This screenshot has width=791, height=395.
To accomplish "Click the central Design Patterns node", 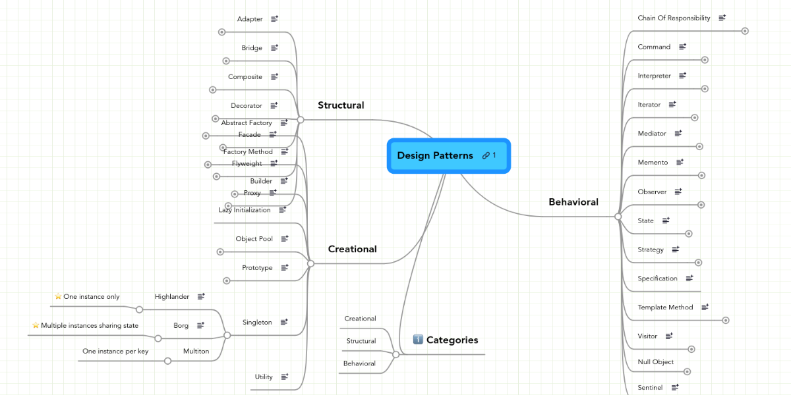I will (435, 156).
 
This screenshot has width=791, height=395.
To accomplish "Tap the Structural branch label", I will (341, 105).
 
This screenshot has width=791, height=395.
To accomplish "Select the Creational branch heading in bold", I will (353, 250).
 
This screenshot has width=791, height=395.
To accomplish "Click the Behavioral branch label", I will (573, 202).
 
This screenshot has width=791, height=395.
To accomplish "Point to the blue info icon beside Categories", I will (418, 340).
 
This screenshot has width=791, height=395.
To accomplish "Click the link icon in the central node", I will (486, 155).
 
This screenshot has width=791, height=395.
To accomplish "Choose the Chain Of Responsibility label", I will (674, 18).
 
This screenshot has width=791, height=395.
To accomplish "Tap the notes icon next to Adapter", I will (274, 19).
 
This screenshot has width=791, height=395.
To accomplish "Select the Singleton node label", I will (257, 323).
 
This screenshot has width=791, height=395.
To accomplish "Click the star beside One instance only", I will (58, 297).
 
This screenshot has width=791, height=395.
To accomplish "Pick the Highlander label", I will (172, 297).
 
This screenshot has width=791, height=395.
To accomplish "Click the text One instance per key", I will (115, 352).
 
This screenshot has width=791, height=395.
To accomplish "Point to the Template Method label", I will (665, 307).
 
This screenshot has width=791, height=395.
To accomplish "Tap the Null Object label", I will (656, 362).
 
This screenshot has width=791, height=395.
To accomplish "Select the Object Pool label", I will (254, 239).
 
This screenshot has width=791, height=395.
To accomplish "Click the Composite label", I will (245, 77).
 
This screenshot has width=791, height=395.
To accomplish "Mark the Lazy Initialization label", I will (245, 210).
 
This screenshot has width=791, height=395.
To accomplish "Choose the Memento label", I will (653, 163).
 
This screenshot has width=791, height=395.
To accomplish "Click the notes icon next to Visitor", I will (669, 336).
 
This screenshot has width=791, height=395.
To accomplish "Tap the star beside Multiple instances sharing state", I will (36, 325).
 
